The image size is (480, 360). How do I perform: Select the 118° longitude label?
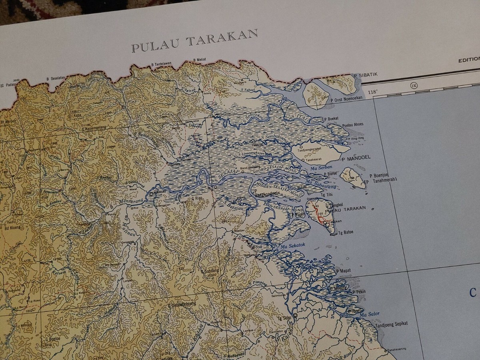pyautogui.click(x=372, y=92)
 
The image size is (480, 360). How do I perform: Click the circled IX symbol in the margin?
pyautogui.click(x=413, y=85)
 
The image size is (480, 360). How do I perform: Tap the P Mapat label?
pyautogui.click(x=344, y=271)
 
